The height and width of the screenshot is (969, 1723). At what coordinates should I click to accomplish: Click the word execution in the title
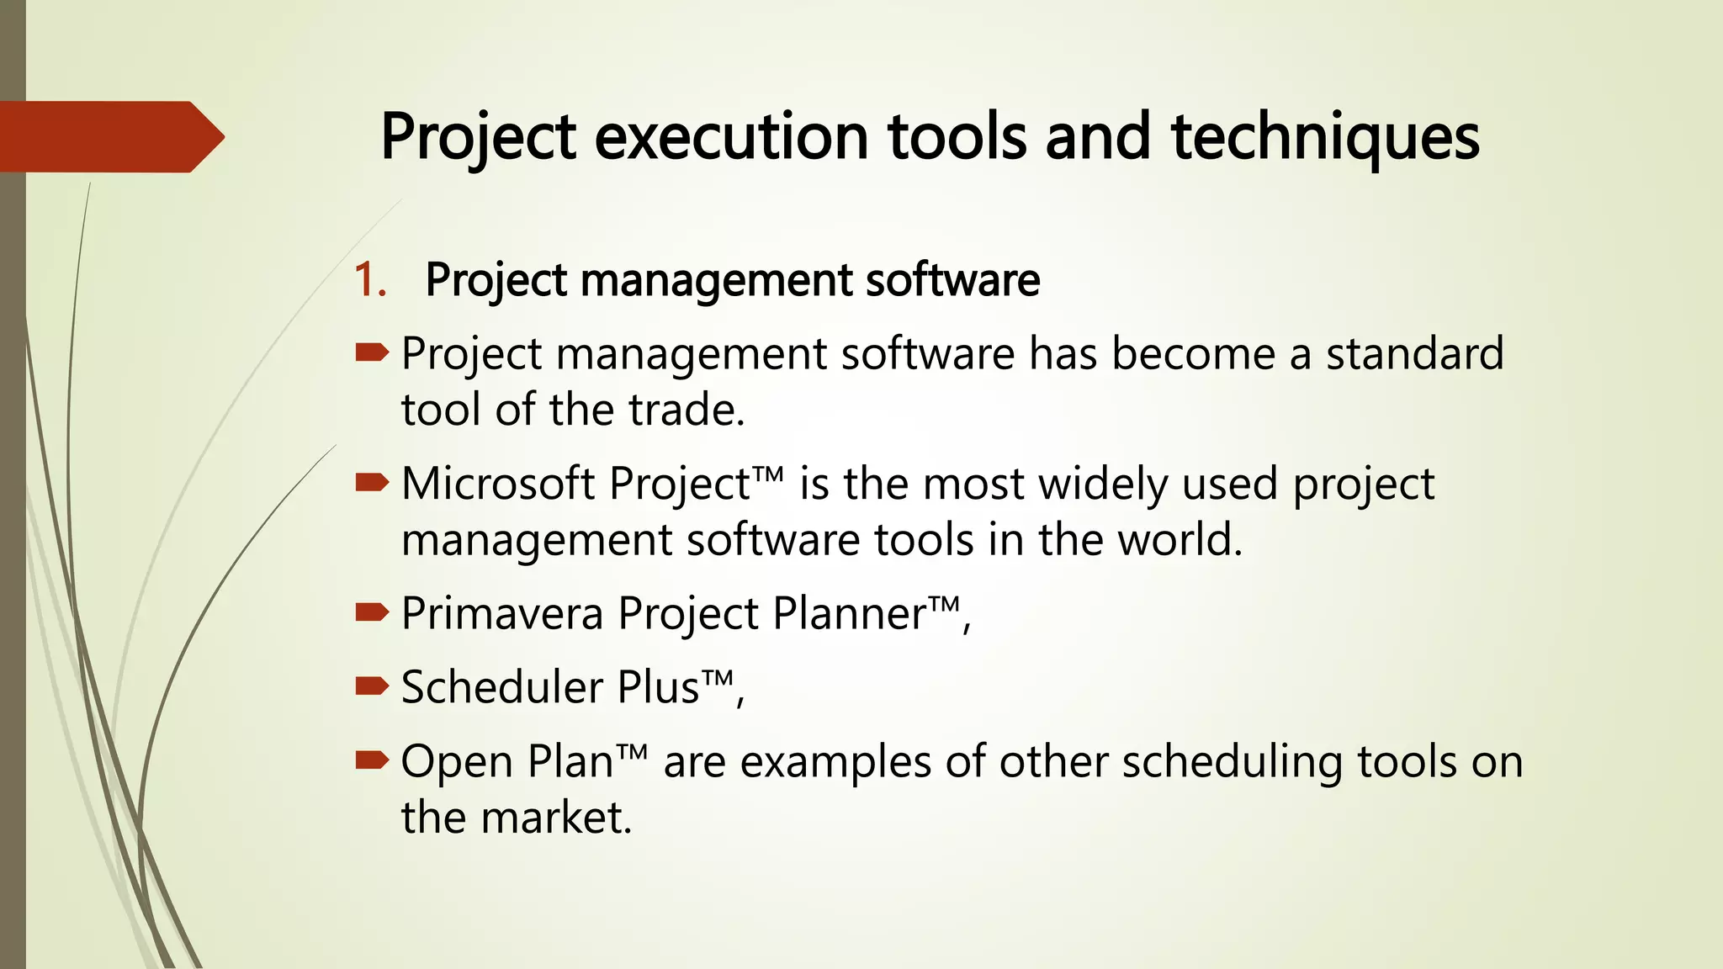pyautogui.click(x=730, y=137)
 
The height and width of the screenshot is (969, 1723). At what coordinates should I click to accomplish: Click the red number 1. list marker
pyautogui.click(x=369, y=280)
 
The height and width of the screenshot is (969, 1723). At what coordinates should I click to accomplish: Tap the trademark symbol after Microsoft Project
pyautogui.click(x=768, y=475)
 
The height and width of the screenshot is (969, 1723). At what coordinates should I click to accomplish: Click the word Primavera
pyautogui.click(x=502, y=614)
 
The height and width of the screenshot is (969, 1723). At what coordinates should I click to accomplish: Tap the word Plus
pyautogui.click(x=658, y=687)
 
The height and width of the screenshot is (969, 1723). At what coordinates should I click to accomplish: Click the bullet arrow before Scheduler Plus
pyautogui.click(x=371, y=686)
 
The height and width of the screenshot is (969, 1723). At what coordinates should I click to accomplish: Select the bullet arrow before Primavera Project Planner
pyautogui.click(x=371, y=612)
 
